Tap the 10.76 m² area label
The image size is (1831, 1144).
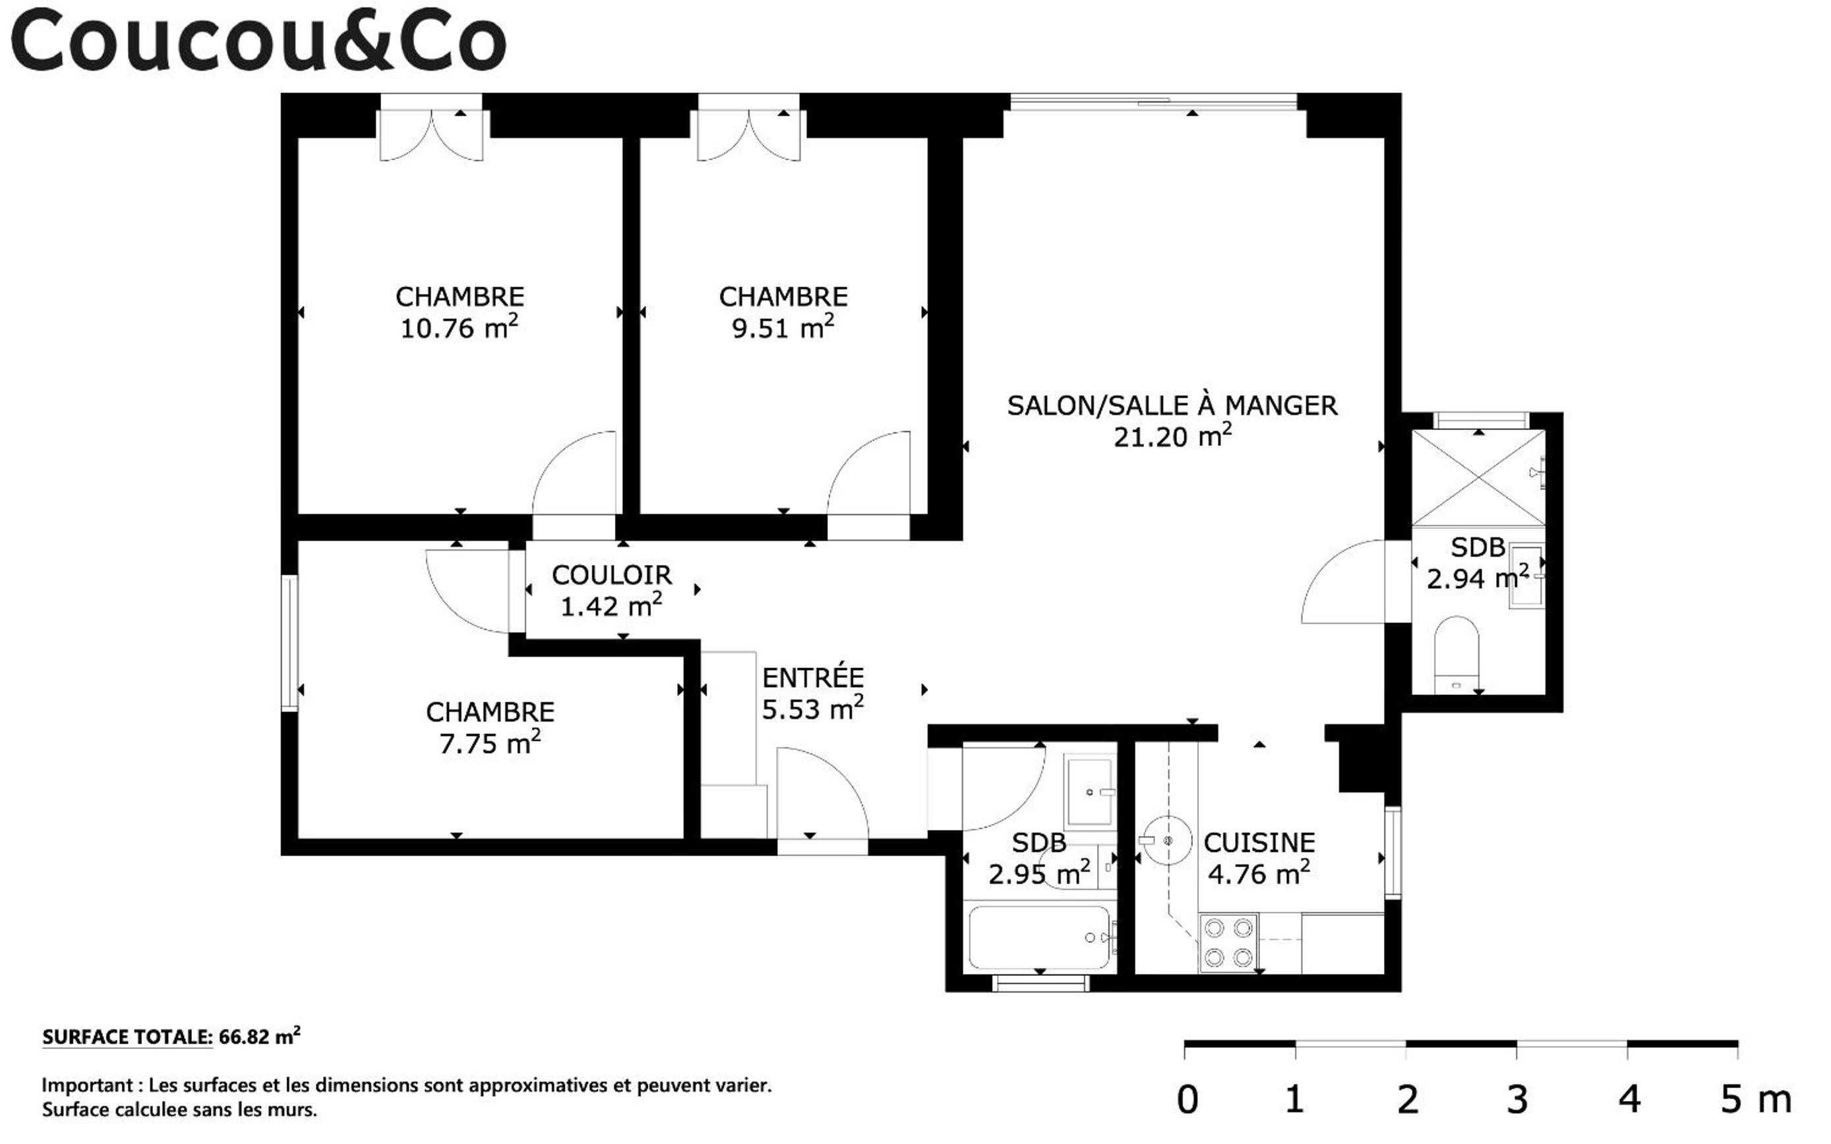point(460,328)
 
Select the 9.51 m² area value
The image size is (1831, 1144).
point(783,328)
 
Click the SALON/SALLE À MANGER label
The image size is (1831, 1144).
point(1172,406)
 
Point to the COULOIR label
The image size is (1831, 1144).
point(611,575)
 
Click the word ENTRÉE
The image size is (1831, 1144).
point(812,677)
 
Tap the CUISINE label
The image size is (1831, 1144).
point(1259,842)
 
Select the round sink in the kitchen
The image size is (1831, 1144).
point(1168,840)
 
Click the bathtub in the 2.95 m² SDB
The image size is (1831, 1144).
point(1040,938)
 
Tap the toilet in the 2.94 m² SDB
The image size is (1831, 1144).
point(1456,655)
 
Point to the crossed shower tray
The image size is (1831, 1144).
point(1478,477)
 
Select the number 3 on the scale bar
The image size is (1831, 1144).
point(1517,1100)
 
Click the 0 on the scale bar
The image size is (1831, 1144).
point(1187,1100)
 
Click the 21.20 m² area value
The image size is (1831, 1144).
point(1172,437)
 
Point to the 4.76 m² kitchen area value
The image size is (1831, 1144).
point(1259,874)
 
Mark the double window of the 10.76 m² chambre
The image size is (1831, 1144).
point(431,127)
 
